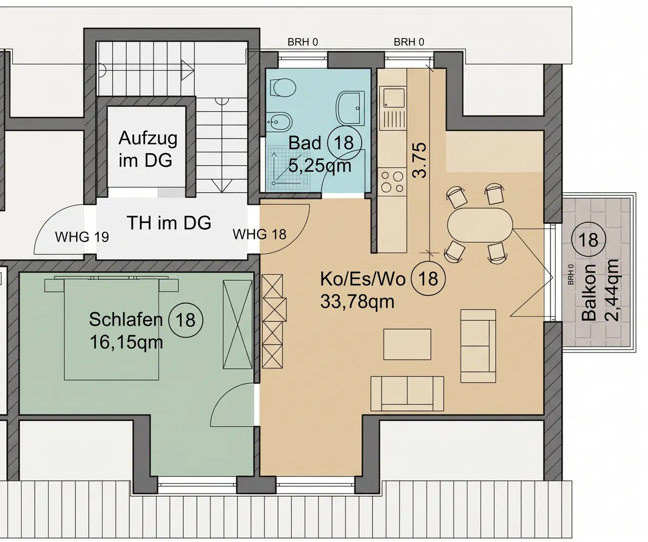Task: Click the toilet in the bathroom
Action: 282,87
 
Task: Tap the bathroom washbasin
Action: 351,108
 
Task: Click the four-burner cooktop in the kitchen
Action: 393,182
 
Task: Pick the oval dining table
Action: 480,225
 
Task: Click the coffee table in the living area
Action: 407,345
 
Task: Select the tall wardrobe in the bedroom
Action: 238,324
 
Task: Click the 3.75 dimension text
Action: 419,160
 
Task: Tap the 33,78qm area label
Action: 357,301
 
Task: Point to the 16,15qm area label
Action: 126,342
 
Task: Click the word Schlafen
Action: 126,319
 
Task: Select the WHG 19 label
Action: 82,237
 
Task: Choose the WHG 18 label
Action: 260,234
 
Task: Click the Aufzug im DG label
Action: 148,149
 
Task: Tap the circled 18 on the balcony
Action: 589,239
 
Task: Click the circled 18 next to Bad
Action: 344,143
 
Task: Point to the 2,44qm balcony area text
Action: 611,290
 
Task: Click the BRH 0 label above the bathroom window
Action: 303,42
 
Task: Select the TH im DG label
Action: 169,223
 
